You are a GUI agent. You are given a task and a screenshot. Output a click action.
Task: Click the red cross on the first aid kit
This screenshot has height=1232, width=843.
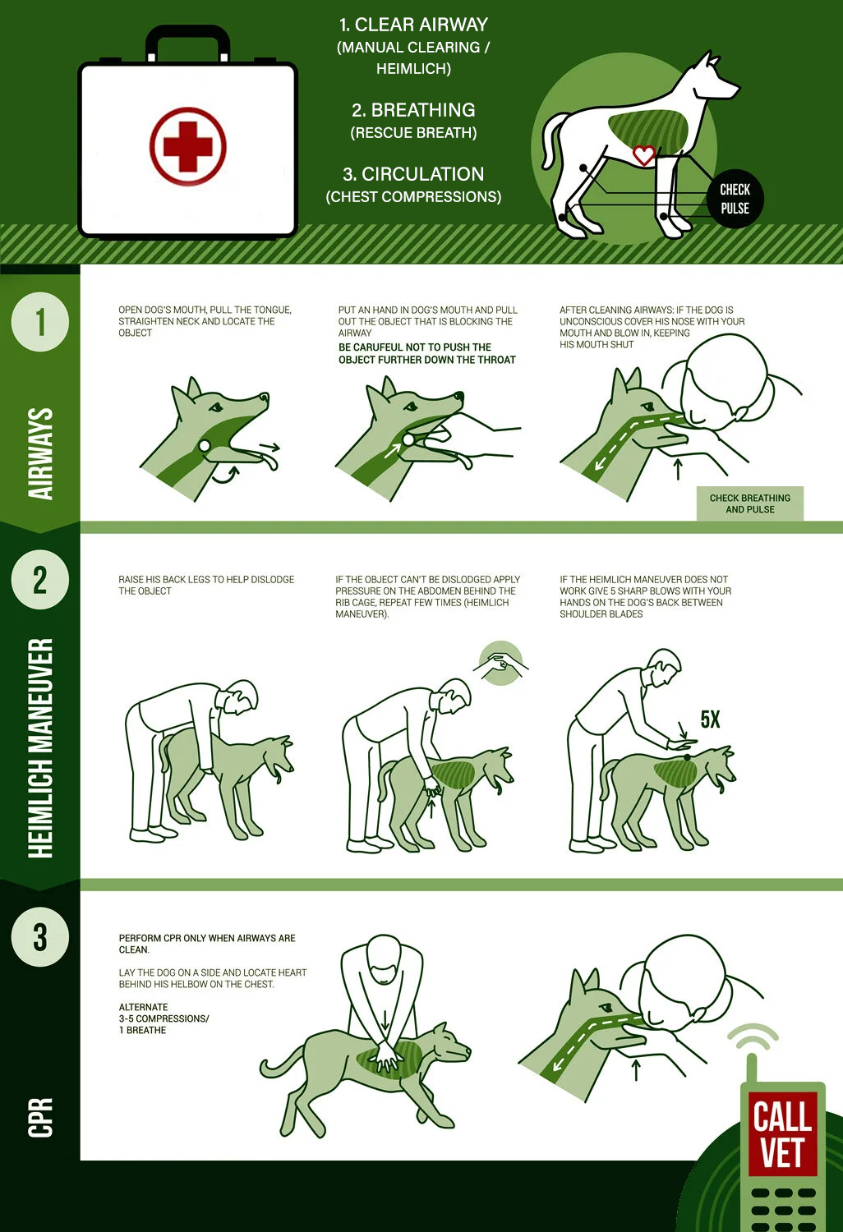187,147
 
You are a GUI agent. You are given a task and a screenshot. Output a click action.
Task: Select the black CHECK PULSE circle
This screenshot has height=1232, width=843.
735,199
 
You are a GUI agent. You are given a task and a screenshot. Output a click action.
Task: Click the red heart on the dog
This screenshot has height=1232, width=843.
643,154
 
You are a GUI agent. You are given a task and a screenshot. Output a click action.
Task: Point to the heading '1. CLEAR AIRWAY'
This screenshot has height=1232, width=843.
413,25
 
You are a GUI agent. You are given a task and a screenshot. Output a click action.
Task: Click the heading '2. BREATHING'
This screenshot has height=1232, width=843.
413,110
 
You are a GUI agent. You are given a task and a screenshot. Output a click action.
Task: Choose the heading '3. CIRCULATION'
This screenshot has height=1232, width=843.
413,174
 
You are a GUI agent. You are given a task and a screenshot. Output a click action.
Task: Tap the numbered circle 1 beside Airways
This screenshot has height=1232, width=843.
39,322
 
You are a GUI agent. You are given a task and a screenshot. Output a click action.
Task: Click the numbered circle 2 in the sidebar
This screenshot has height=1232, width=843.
39,580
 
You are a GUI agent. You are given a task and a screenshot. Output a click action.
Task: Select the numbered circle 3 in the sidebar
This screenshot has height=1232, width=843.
39,937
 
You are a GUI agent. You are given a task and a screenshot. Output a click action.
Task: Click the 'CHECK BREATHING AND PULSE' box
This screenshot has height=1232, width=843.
749,503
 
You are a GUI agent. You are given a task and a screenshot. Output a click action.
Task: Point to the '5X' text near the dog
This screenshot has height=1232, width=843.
710,720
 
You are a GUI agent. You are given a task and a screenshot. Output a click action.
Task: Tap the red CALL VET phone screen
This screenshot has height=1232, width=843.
781,1133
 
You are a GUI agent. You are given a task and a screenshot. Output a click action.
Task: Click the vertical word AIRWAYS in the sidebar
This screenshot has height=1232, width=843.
40,453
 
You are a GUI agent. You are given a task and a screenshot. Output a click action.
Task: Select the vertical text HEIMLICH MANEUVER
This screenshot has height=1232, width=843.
40,747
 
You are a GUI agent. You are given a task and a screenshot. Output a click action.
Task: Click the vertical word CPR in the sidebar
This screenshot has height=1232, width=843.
40,1117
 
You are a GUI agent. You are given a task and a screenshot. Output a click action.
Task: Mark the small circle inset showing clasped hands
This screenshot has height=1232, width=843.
500,663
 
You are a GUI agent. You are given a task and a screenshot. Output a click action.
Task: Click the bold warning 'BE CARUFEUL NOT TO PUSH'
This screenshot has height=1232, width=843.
426,353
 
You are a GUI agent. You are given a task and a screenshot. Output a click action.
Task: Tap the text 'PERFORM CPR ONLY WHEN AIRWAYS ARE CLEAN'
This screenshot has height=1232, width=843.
206,944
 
